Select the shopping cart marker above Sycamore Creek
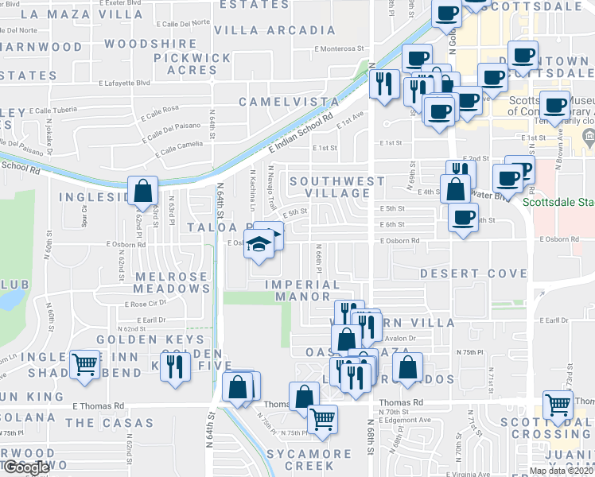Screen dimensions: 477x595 [x=321, y=418]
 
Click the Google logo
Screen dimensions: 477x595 [x=26, y=467]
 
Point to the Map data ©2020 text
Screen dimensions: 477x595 [x=562, y=471]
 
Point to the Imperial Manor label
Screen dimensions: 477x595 [x=301, y=290]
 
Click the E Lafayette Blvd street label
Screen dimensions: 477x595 [x=125, y=83]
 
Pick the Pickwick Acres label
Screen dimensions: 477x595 [x=192, y=64]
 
